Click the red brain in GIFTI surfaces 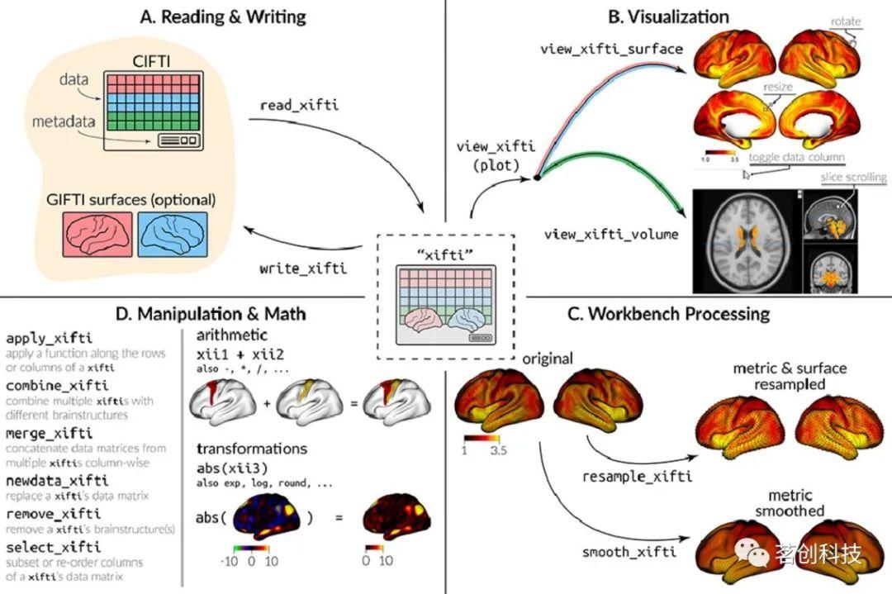coord(97,235)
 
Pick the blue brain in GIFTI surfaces coord(171,235)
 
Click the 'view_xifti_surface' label coord(611,49)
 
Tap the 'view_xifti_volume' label coord(611,234)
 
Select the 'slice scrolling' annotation coord(852,178)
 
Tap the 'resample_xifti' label coord(637,477)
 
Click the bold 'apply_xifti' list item coord(49,339)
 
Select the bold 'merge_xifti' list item coord(49,434)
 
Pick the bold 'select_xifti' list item coord(53,547)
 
